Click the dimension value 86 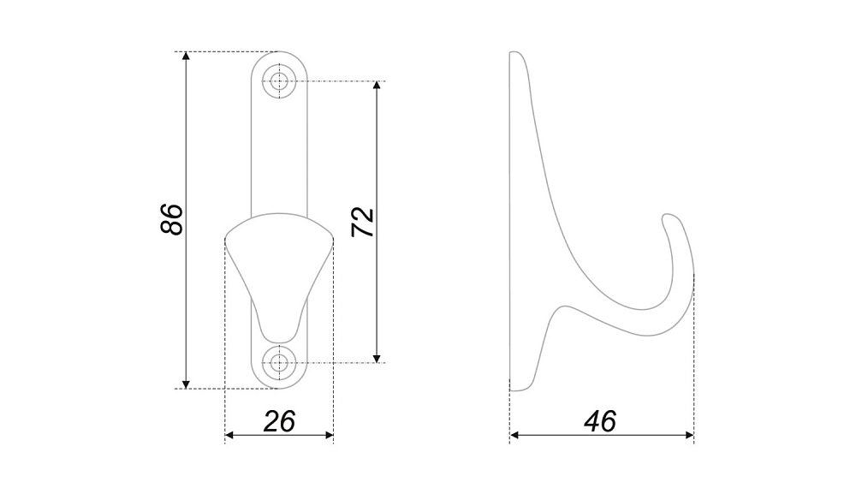click(172, 219)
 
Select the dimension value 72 click(362, 223)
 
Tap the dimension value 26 click(279, 421)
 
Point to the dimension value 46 click(600, 421)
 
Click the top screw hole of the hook click(279, 81)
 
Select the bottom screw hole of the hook click(279, 362)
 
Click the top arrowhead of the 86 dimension click(186, 57)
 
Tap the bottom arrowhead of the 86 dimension click(186, 384)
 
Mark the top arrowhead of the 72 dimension click(377, 86)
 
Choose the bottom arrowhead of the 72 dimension click(377, 358)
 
